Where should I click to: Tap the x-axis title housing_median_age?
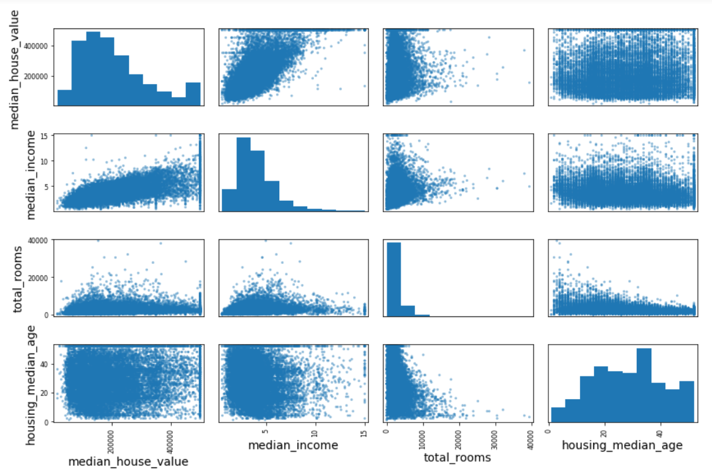coord(622,445)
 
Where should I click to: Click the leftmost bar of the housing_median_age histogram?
coord(558,414)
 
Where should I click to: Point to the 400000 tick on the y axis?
coord(39,45)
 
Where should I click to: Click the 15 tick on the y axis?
coord(47,136)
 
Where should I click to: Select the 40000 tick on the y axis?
coord(40,240)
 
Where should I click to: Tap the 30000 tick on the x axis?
coord(495,435)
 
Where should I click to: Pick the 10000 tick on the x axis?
coord(422,435)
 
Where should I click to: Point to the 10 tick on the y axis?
coord(47,161)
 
